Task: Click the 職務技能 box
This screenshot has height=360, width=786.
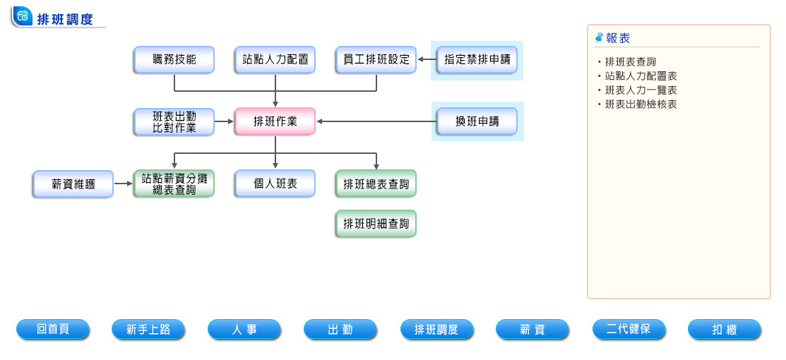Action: pyautogui.click(x=174, y=60)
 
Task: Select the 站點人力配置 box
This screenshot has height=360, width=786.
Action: pyautogui.click(x=275, y=60)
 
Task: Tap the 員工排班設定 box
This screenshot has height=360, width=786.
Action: pyautogui.click(x=376, y=60)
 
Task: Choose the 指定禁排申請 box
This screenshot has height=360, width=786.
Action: pyautogui.click(x=477, y=60)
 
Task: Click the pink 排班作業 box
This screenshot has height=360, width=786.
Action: pyautogui.click(x=275, y=121)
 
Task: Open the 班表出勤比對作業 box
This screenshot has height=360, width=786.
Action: pyautogui.click(x=174, y=121)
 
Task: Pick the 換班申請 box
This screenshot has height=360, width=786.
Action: pyautogui.click(x=477, y=121)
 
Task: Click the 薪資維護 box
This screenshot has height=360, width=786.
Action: pyautogui.click(x=73, y=184)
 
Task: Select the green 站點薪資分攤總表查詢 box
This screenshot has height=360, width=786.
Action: pyautogui.click(x=174, y=184)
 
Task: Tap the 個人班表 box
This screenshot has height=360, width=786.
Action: pyautogui.click(x=275, y=184)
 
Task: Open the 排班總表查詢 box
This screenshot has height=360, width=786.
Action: pyautogui.click(x=376, y=184)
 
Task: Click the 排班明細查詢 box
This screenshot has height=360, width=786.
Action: pyautogui.click(x=376, y=224)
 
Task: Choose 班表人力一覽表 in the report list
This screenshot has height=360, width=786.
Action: pyautogui.click(x=641, y=90)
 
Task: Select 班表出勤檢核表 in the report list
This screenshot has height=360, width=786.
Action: pyautogui.click(x=641, y=104)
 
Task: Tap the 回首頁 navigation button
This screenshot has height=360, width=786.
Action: pyautogui.click(x=53, y=329)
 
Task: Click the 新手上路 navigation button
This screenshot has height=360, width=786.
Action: pyautogui.click(x=148, y=329)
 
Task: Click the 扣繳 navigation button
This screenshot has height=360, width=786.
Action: pyautogui.click(x=725, y=329)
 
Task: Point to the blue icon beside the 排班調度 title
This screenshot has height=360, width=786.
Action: pyautogui.click(x=23, y=17)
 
